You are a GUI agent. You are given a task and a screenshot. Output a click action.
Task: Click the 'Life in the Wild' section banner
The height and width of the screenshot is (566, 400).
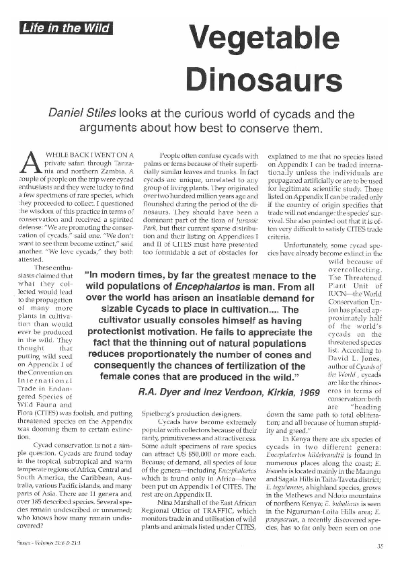[65, 28]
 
